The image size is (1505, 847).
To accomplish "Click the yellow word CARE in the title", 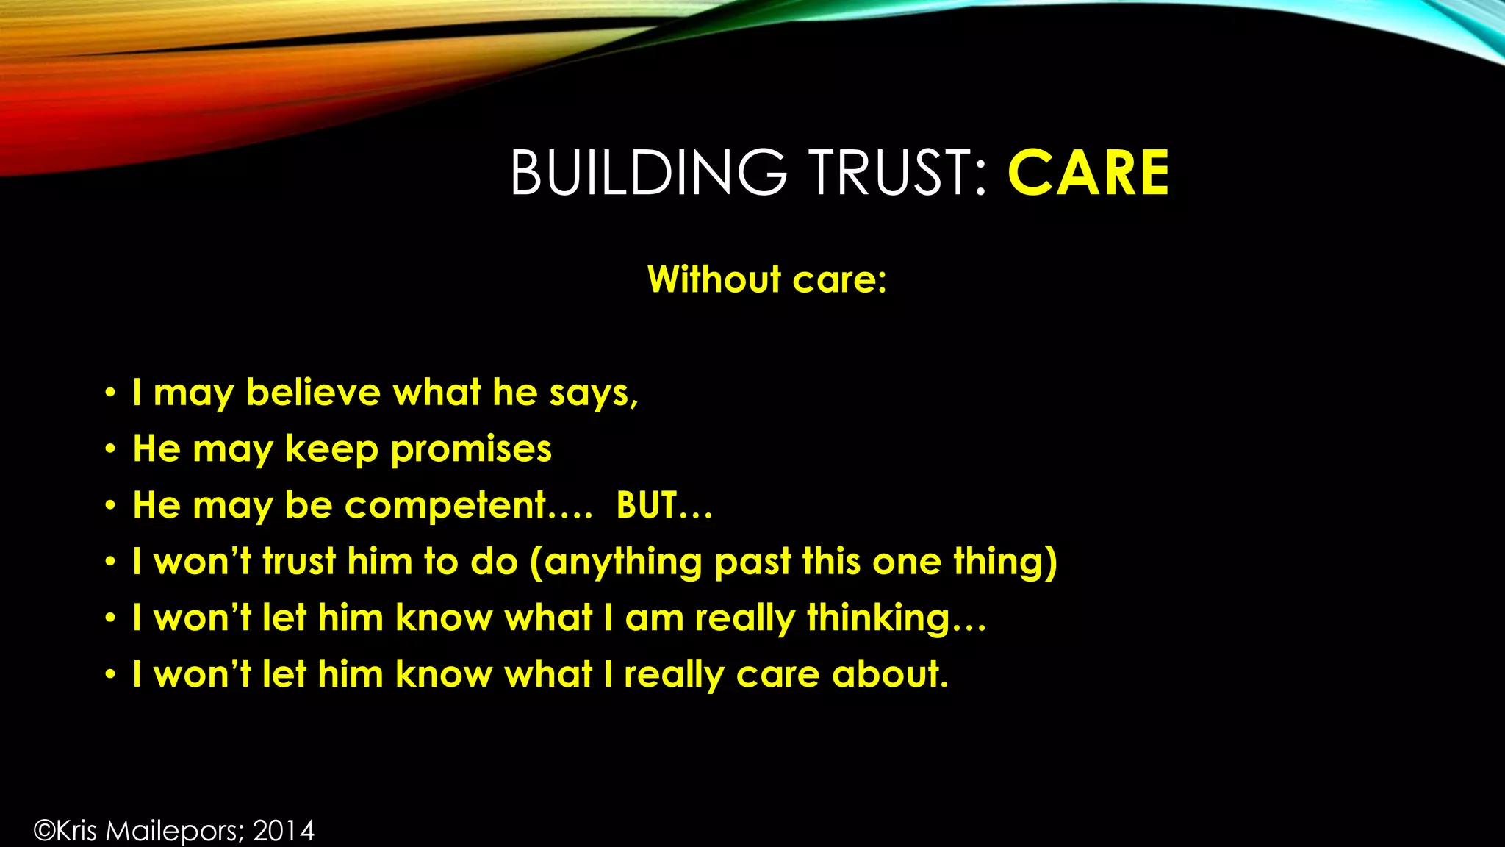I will point(1088,174).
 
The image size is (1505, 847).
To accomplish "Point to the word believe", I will point(313,392).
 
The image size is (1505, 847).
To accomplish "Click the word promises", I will point(470,449).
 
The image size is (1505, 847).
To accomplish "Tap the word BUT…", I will point(664,506).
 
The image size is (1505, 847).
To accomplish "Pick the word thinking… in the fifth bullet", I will point(896,618).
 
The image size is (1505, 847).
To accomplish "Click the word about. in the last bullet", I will point(890,674).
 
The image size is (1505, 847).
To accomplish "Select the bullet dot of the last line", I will point(110,674).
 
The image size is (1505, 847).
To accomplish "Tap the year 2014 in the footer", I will point(284,831).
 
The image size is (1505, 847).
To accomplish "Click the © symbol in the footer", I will point(44,831).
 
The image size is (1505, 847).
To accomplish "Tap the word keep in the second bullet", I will point(331,449).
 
